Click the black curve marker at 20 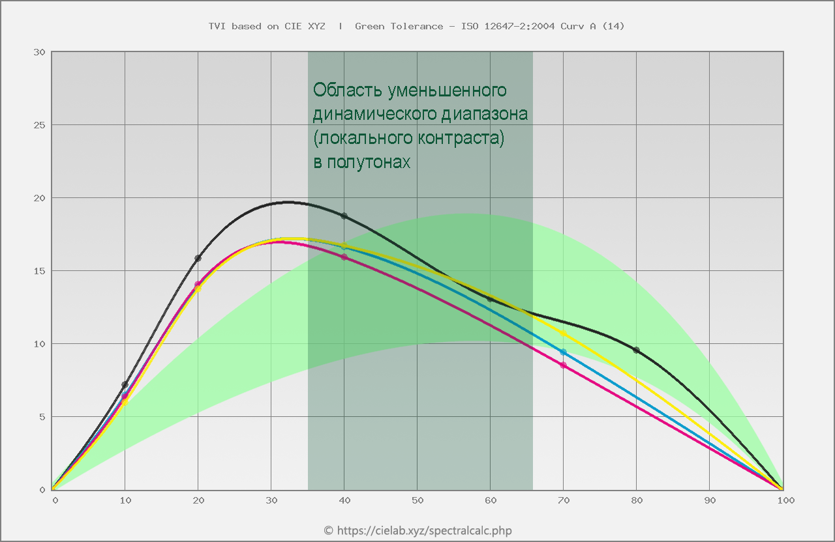pyautogui.click(x=198, y=258)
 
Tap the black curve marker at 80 pyautogui.click(x=637, y=350)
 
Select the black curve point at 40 pyautogui.click(x=344, y=216)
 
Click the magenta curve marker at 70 pyautogui.click(x=564, y=365)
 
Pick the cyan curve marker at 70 pyautogui.click(x=564, y=352)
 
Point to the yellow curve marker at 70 pyautogui.click(x=564, y=333)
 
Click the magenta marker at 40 pyautogui.click(x=344, y=257)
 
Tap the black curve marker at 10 pyautogui.click(x=125, y=384)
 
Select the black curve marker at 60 pyautogui.click(x=490, y=298)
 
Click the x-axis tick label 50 pyautogui.click(x=417, y=500)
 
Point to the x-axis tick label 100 pyautogui.click(x=785, y=500)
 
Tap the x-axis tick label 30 pyautogui.click(x=271, y=500)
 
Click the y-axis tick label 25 pyautogui.click(x=39, y=125)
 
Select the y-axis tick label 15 pyautogui.click(x=39, y=271)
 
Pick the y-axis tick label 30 pyautogui.click(x=39, y=52)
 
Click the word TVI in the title pyautogui.click(x=217, y=26)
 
